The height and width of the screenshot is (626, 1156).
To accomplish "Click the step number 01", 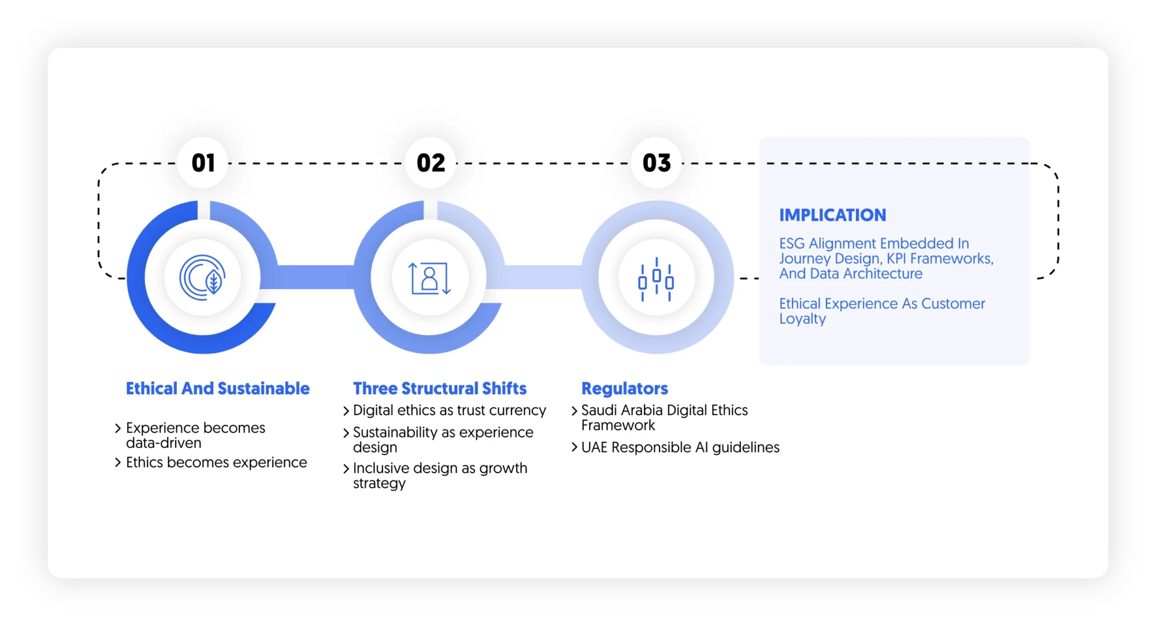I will click(203, 163).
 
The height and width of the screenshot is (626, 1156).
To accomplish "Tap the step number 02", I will click(431, 163).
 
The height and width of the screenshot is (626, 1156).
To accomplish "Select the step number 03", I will click(657, 163).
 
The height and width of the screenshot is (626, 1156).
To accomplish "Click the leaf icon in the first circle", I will click(203, 277).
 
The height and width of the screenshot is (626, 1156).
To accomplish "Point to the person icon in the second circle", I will click(429, 278).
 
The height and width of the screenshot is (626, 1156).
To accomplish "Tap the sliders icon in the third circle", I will click(656, 279).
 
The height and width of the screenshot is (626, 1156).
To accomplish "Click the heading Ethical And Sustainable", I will click(217, 388).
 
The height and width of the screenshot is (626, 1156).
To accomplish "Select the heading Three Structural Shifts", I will click(439, 388).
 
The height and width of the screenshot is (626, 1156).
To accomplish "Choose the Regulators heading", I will click(624, 388).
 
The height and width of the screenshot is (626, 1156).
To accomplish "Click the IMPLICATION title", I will click(832, 215).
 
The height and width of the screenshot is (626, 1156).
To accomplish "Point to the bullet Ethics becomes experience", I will click(216, 462).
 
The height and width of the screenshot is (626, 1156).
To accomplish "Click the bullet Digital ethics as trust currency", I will click(449, 410).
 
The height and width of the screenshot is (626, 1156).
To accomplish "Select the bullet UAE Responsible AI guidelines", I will click(680, 447).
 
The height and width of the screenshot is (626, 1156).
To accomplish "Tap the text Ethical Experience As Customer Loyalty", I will click(881, 310).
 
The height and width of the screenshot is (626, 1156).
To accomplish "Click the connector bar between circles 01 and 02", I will click(316, 277).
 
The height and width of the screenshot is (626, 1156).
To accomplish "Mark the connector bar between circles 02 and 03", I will click(543, 277).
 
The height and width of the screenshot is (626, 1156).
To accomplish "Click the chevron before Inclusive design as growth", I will click(346, 469).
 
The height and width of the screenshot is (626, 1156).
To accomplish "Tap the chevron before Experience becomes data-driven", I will click(118, 428).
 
